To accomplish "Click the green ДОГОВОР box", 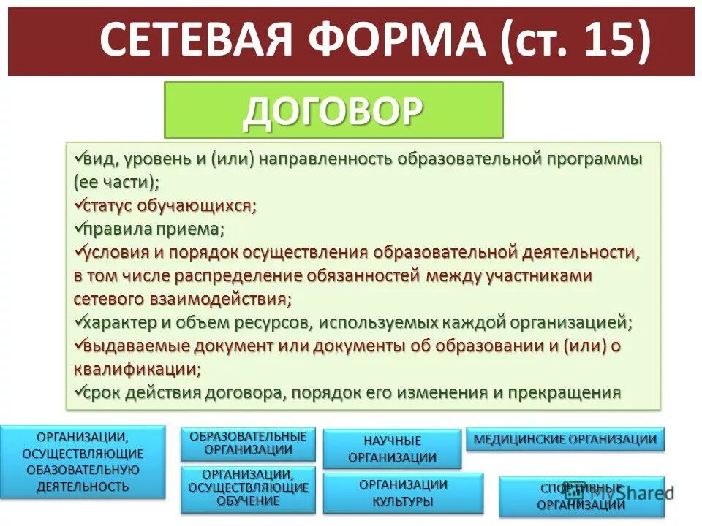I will pyautogui.click(x=333, y=110).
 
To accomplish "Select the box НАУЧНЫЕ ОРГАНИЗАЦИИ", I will pyautogui.click(x=392, y=449).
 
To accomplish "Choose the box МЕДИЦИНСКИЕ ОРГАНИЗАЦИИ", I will pyautogui.click(x=565, y=439).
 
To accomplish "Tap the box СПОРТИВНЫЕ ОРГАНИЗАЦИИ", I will pyautogui.click(x=581, y=497).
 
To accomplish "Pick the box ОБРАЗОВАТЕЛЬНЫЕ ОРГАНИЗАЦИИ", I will pyautogui.click(x=248, y=443).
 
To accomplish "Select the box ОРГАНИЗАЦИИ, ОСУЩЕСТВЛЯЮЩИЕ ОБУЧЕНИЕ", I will pyautogui.click(x=248, y=489).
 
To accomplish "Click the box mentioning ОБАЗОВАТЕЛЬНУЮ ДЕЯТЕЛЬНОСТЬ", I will pyautogui.click(x=83, y=462).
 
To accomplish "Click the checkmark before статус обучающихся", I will pyautogui.click(x=78, y=204).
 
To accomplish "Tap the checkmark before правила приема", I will pyautogui.click(x=78, y=227).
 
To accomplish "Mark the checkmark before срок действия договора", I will pyautogui.click(x=78, y=391).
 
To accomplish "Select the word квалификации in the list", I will pyautogui.click(x=136, y=369).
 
